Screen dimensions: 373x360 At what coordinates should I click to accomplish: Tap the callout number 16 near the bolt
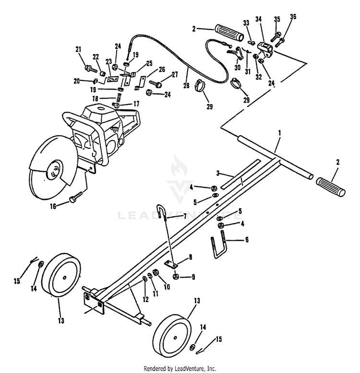pos(53,206)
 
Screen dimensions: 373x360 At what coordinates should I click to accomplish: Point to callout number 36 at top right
pos(293,18)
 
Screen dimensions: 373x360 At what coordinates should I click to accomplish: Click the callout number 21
pos(78,49)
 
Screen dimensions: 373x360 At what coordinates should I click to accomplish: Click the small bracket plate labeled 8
pos(170,264)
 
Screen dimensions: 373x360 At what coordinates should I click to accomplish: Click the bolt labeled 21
pos(90,69)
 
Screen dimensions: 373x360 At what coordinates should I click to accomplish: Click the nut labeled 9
pos(176,276)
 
